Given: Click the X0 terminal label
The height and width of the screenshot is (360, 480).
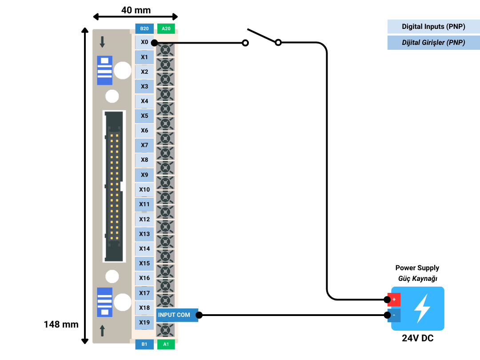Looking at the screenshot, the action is point(144,42).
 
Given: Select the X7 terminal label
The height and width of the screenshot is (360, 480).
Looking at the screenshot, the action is point(144,145).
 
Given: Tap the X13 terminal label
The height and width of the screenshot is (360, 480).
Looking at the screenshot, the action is point(144,234).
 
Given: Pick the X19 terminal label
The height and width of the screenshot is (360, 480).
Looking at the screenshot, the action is point(144,322).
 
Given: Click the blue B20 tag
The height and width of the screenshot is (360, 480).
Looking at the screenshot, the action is point(144,28).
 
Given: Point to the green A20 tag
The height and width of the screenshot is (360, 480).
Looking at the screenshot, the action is point(166,28).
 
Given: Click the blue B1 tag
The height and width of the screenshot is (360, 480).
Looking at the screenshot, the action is point(144,344).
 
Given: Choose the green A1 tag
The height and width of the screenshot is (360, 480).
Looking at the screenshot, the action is point(166,344).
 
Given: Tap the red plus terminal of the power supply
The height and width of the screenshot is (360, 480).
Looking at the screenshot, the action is point(394,300).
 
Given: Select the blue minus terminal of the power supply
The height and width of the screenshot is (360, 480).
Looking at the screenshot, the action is point(394,315).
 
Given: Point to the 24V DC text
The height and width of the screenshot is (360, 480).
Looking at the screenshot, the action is point(417,338).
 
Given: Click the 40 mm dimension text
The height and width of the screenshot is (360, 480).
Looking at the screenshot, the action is point(136,10).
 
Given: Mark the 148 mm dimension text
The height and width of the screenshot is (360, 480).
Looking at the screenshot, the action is point(61,324).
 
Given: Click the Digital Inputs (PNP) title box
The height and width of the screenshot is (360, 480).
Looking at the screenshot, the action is point(433,27).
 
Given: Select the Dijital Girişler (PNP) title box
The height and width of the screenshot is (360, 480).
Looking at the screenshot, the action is point(433,43).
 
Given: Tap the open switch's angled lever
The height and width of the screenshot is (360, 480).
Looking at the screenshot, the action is point(262,36).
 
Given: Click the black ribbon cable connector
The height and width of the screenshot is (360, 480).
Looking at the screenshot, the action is point(114,186).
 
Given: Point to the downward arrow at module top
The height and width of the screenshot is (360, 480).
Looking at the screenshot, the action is point(102,42).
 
